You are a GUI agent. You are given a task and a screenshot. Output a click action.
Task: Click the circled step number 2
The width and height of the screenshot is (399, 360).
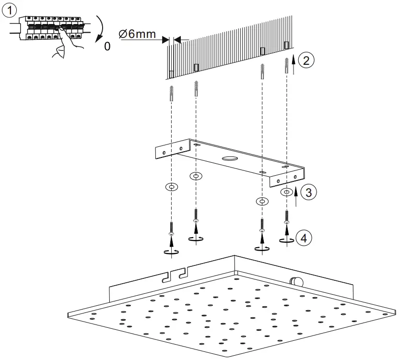(306, 61)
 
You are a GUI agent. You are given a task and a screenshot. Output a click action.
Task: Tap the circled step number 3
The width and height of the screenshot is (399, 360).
(309, 193)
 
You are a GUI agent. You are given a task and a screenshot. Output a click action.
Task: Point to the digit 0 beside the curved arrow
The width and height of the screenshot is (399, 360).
(106, 47)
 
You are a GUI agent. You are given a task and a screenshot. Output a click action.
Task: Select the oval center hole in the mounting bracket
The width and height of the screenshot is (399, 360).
(229, 159)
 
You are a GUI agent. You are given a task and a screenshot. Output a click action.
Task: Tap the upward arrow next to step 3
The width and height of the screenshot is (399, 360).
(296, 196)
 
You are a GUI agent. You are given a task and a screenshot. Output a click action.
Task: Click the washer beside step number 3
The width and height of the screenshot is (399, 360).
(286, 192)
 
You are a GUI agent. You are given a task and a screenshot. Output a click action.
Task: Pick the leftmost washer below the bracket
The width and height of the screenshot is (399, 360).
(171, 186)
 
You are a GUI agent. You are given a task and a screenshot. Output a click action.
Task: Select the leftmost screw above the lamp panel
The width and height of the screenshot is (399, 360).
(172, 228)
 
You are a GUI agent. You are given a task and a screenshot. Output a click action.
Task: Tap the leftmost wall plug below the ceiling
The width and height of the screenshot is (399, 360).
(172, 93)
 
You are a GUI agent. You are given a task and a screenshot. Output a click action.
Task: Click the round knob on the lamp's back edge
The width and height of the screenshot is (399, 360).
(294, 282)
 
